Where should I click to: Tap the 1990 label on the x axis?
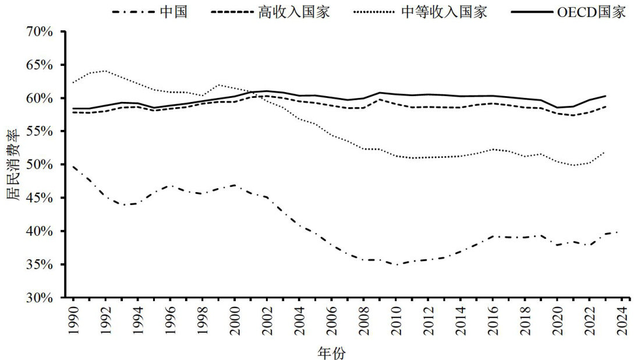(x=73, y=319)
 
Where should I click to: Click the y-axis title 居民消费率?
(x=12, y=165)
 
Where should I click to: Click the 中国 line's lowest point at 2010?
(x=396, y=265)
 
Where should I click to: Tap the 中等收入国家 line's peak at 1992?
(x=105, y=71)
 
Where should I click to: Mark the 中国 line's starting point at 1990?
(x=73, y=167)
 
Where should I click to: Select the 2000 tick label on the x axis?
(x=235, y=319)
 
